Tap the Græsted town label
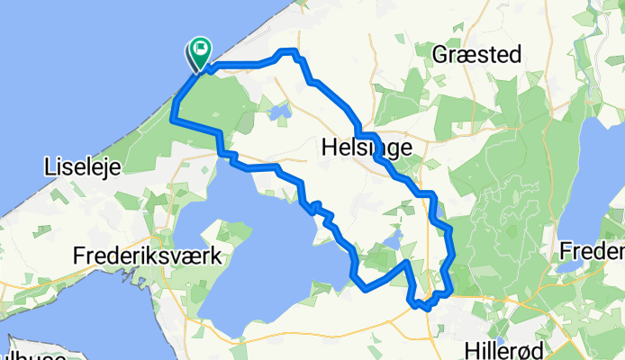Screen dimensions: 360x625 [476, 55]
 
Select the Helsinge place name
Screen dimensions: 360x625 [367, 147]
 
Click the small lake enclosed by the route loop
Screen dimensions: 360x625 [393, 239]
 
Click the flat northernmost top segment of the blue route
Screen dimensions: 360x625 [287, 52]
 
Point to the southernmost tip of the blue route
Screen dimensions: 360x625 [421, 307]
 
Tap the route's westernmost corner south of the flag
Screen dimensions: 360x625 [171, 118]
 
